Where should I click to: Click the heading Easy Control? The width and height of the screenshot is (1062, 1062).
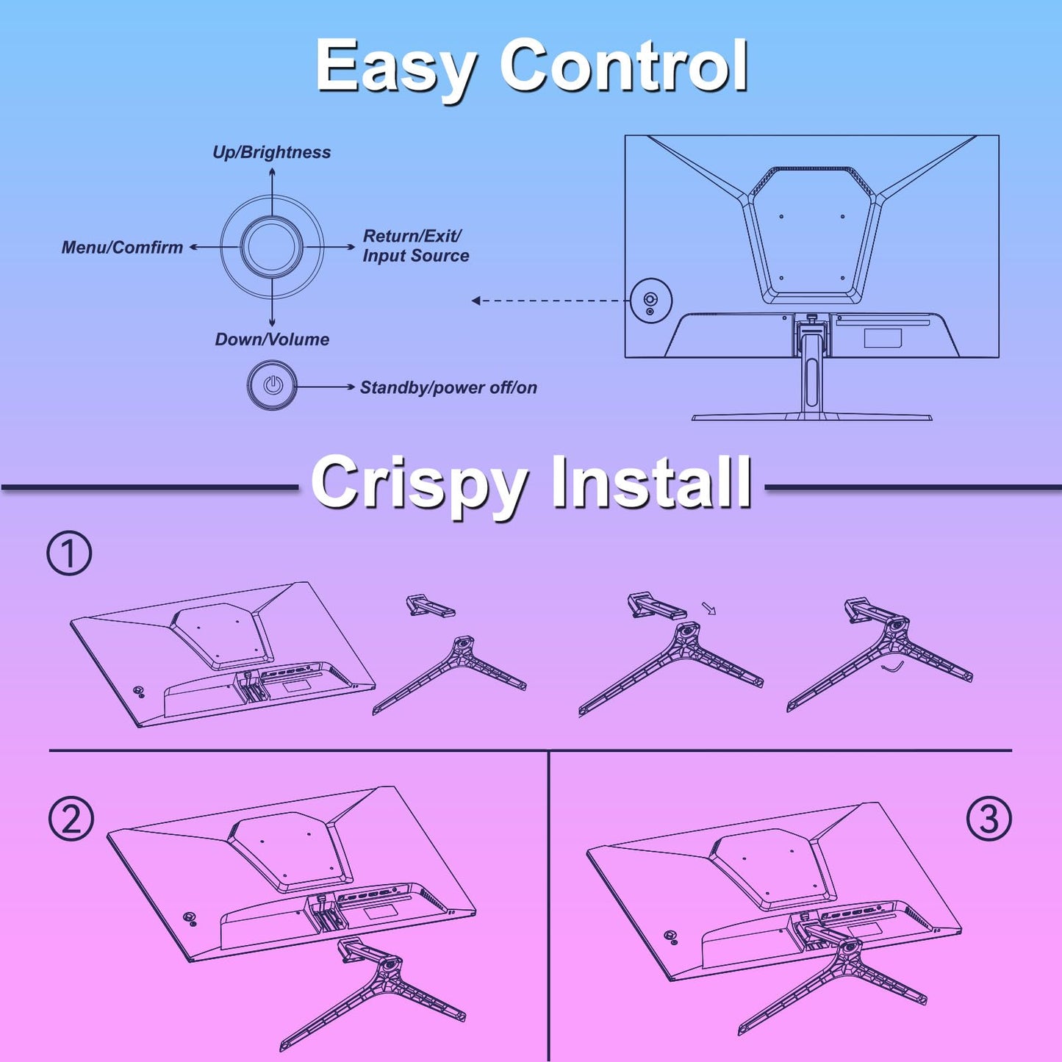[531, 69]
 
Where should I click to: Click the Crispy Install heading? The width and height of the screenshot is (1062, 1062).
[531, 485]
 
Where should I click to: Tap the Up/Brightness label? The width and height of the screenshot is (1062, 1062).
[272, 153]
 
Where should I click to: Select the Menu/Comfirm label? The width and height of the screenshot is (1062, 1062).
[122, 248]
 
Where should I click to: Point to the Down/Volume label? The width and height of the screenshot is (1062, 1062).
[272, 340]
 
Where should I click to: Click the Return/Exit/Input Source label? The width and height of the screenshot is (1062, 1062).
[416, 245]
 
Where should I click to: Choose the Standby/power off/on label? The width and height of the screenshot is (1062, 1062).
[448, 388]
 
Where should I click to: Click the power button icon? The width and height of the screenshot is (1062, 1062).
[272, 385]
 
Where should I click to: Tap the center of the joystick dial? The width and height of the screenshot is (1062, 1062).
[272, 248]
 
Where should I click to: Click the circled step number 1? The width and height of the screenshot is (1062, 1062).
[69, 553]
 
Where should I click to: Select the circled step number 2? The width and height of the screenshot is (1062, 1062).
[71, 819]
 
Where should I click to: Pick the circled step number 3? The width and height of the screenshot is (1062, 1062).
[989, 819]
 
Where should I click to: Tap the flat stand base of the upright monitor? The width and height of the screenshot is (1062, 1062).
[812, 417]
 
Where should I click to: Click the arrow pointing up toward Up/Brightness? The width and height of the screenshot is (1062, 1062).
[272, 193]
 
